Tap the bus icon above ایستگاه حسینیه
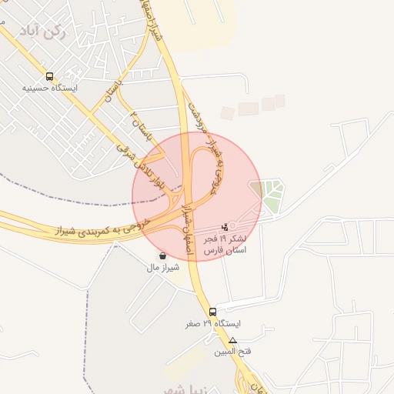point(50,77)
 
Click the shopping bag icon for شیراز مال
point(162,255)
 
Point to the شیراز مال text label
point(162,267)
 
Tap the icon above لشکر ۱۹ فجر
point(225,227)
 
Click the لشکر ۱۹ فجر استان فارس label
point(225,245)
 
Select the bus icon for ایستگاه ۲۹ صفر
point(213,312)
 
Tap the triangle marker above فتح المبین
point(233,339)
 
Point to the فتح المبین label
point(234,351)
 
